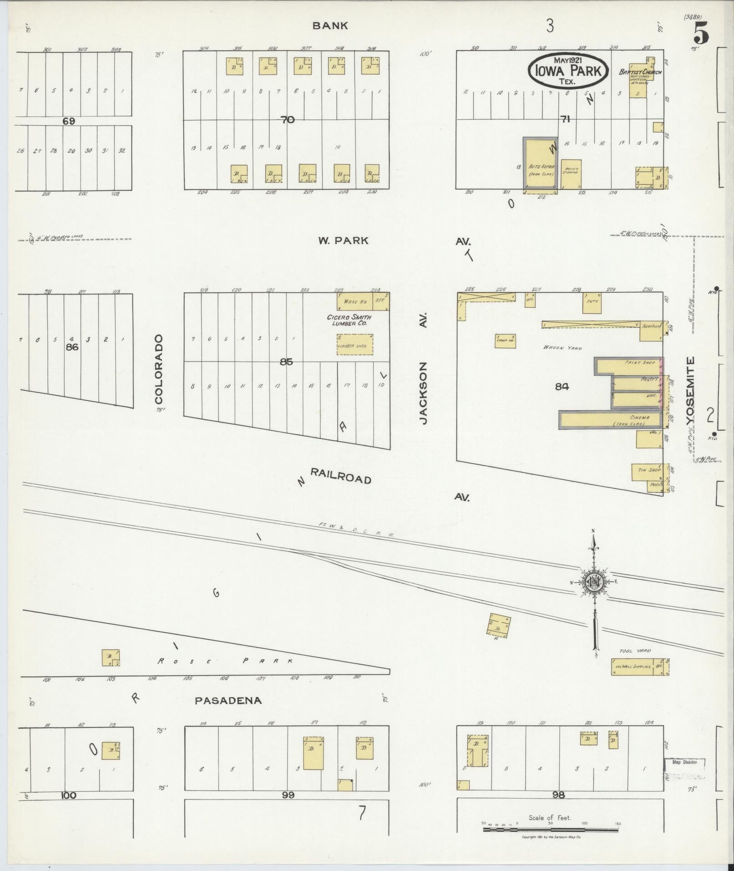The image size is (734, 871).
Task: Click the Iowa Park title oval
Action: (x=568, y=70)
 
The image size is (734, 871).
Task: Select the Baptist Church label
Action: (x=639, y=72)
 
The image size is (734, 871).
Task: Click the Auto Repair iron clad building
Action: (x=540, y=164)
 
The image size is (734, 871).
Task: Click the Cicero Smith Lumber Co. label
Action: (x=349, y=320)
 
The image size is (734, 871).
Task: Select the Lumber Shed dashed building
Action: (x=354, y=345)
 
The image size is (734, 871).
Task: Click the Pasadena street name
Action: (x=228, y=701)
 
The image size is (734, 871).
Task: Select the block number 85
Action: (x=286, y=362)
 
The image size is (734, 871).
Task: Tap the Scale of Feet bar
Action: (x=551, y=830)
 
